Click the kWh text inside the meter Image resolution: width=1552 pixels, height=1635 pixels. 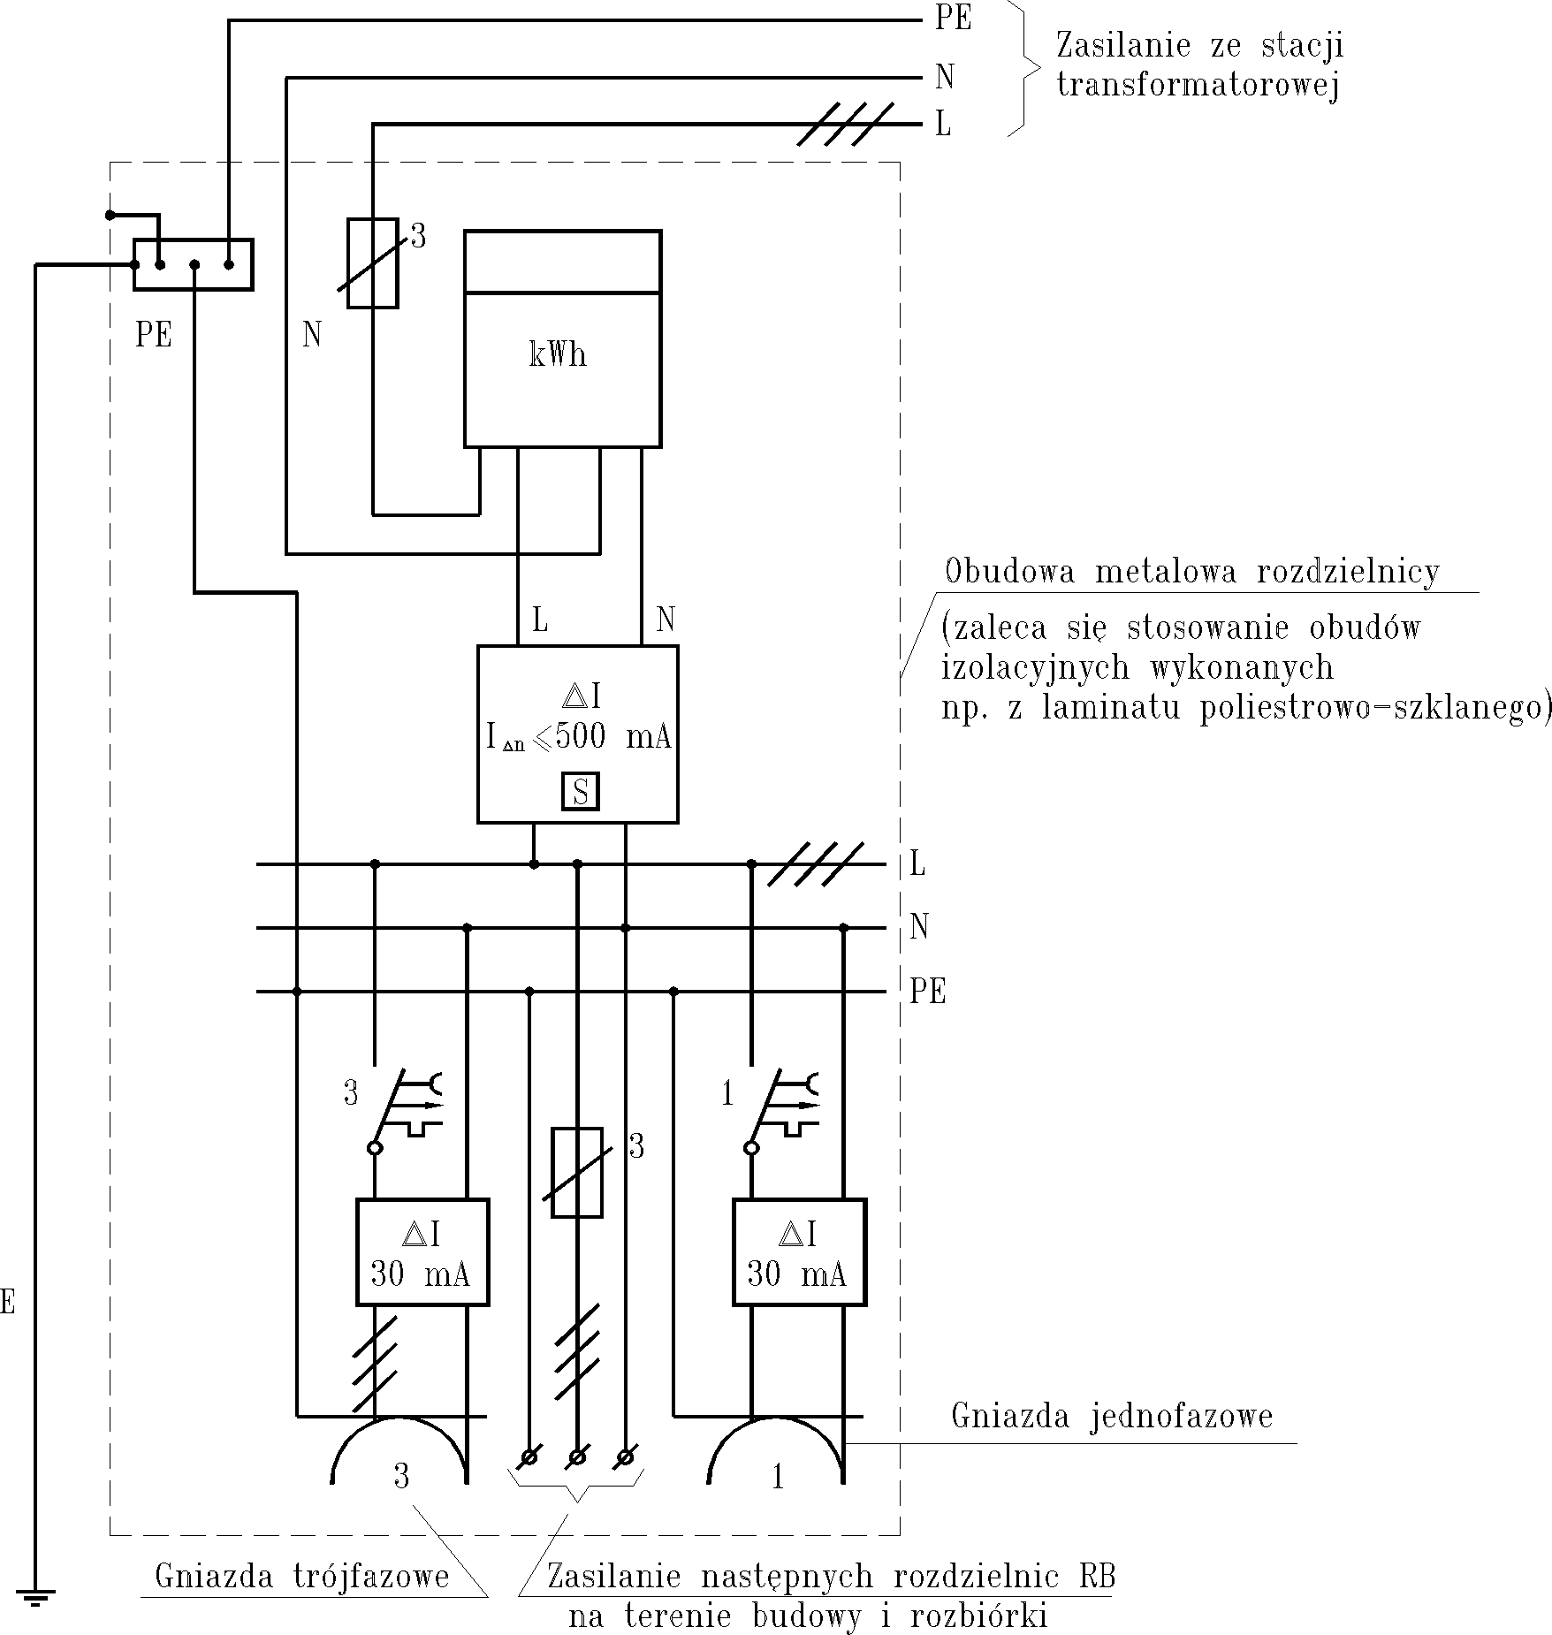pyautogui.click(x=558, y=355)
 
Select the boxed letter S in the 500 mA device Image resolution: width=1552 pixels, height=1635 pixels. pyautogui.click(x=581, y=791)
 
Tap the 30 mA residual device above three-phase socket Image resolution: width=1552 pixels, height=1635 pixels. pyautogui.click(x=422, y=1252)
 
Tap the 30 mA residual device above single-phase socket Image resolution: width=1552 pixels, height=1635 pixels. pyautogui.click(x=799, y=1252)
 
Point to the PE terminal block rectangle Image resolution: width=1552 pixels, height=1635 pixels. pyautogui.click(x=193, y=264)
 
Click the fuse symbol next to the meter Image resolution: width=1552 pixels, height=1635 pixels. pyautogui.click(x=372, y=263)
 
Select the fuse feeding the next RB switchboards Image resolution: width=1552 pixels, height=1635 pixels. pyautogui.click(x=577, y=1173)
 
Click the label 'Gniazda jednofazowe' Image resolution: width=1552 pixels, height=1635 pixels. pyautogui.click(x=1111, y=1416)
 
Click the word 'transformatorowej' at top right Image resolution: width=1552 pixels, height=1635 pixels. pyautogui.click(x=1198, y=86)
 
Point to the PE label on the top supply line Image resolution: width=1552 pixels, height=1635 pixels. pyautogui.click(x=953, y=19)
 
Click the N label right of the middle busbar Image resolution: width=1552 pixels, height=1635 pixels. pyautogui.click(x=919, y=927)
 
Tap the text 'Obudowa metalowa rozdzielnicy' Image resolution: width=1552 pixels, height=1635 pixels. pyautogui.click(x=1191, y=572)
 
